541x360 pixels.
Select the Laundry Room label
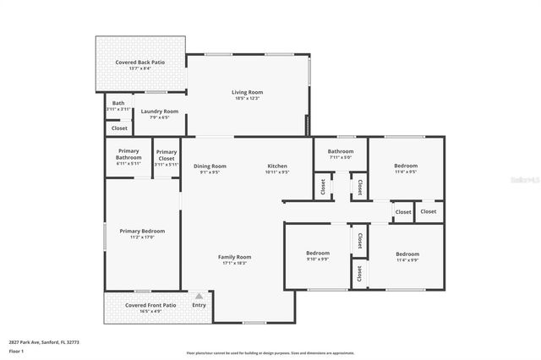(x=159, y=111)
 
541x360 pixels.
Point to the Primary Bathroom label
(x=128, y=155)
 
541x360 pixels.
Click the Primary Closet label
(x=167, y=155)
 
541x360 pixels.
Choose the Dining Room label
(x=210, y=166)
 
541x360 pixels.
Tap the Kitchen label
(x=278, y=166)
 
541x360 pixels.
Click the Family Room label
(x=234, y=257)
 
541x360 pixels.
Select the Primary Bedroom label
(x=142, y=231)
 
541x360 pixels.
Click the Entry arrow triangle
(x=199, y=297)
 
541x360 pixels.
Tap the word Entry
(x=199, y=305)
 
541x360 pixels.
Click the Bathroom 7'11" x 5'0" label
(x=329, y=150)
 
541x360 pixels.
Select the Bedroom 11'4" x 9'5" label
(x=406, y=166)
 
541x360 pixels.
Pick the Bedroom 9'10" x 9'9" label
(x=317, y=254)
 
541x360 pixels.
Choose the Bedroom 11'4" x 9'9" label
(x=407, y=254)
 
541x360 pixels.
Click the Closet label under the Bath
(x=120, y=128)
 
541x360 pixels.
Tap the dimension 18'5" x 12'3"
(x=248, y=99)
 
